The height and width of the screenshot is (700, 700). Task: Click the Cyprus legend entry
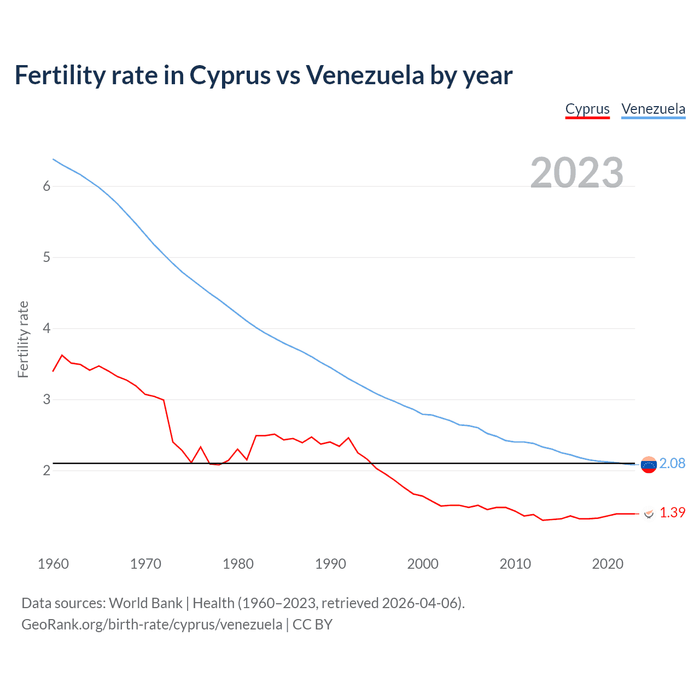(x=587, y=109)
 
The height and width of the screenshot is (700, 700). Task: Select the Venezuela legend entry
(x=653, y=109)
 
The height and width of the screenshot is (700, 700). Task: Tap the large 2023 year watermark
(x=577, y=173)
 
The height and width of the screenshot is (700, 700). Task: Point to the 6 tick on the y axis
(x=46, y=186)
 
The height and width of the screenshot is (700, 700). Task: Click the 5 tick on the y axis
(x=46, y=257)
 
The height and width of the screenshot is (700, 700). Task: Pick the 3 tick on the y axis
(x=46, y=399)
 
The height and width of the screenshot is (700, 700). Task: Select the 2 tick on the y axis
(x=46, y=470)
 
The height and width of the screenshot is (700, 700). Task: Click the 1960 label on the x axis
(x=53, y=564)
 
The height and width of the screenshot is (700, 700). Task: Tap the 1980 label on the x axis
(x=238, y=564)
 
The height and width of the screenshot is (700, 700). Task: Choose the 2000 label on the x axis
(x=423, y=564)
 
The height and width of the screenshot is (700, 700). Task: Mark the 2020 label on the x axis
(x=608, y=564)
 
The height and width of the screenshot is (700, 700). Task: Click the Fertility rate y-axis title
(x=23, y=339)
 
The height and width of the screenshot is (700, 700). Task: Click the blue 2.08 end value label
(x=672, y=463)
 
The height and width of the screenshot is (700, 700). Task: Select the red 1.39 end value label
(x=672, y=512)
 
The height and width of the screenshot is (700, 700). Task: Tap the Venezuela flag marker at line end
(x=649, y=465)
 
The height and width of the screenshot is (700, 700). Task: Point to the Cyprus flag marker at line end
(x=649, y=513)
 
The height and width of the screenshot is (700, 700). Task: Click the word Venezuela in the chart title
(x=364, y=75)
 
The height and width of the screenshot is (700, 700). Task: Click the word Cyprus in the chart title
(x=230, y=75)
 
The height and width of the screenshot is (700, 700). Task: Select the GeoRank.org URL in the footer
(x=151, y=625)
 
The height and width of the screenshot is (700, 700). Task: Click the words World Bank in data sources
(x=145, y=603)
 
